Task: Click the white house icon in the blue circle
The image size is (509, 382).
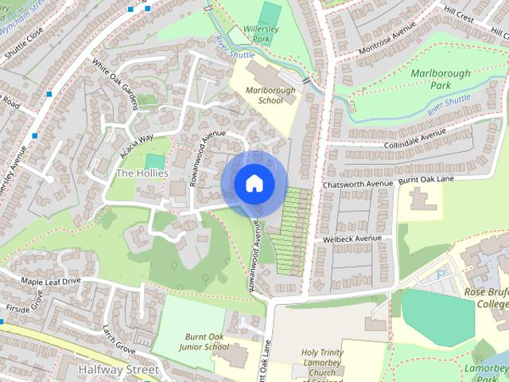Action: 254,184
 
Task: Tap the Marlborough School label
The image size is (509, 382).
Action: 270,95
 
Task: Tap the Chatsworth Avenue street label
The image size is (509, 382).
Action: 358,184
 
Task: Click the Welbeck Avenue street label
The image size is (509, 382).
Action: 352,239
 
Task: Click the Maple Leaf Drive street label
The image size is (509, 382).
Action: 51,282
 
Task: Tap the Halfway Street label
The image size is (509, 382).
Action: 119,370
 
